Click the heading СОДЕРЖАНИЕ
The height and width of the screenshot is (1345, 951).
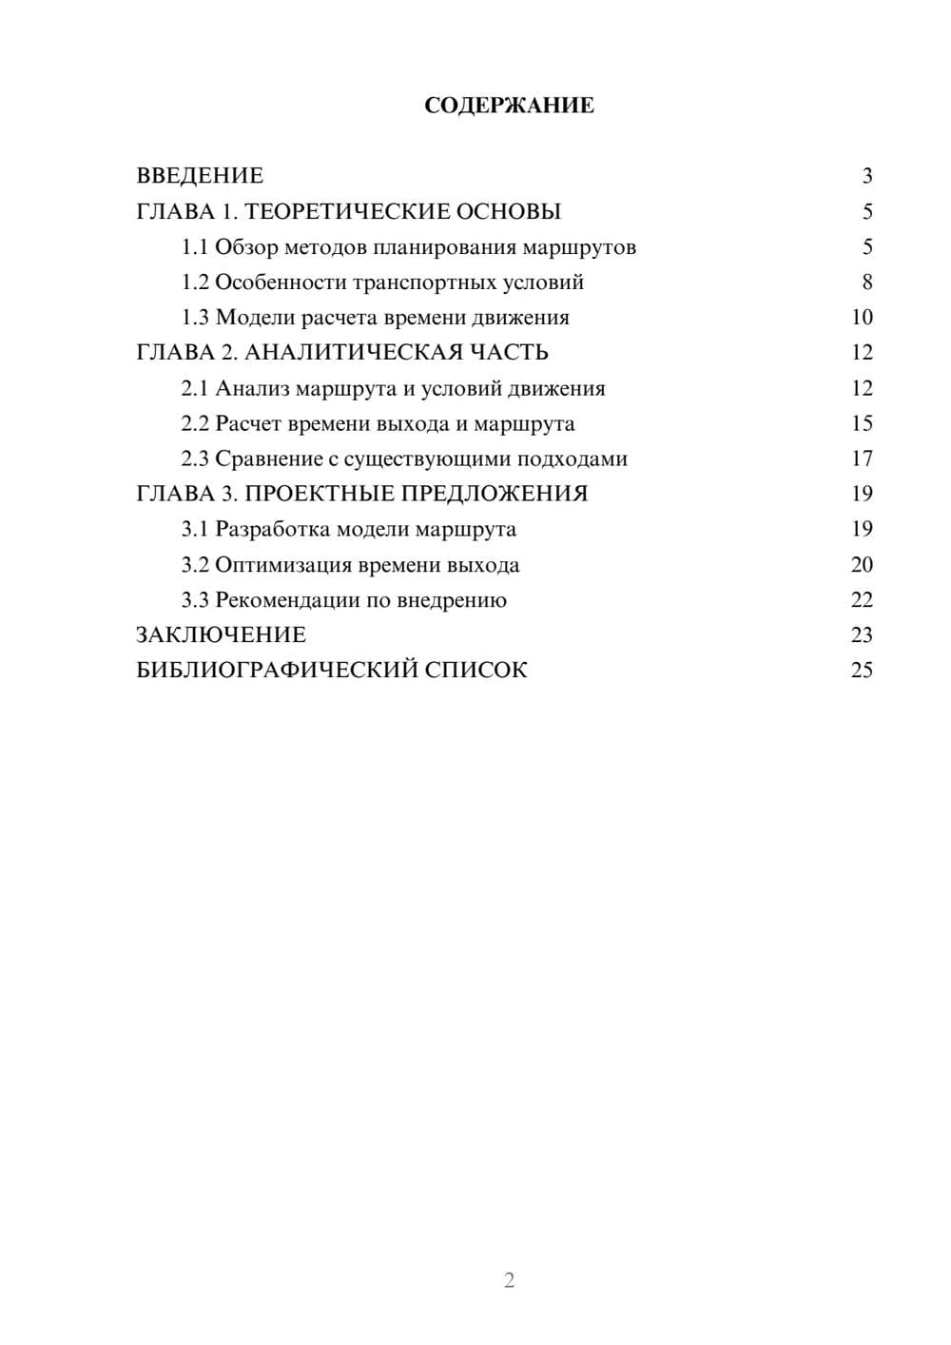(509, 106)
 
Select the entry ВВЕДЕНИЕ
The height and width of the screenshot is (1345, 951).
(200, 176)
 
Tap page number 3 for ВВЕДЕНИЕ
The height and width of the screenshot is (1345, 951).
(866, 176)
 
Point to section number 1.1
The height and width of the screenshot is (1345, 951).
(195, 247)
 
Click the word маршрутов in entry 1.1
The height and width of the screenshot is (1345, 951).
(581, 247)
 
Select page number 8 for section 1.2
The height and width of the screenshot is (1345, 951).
(866, 283)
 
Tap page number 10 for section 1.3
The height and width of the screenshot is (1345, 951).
(862, 318)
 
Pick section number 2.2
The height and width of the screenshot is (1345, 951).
(195, 423)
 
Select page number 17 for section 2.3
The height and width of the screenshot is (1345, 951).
(862, 459)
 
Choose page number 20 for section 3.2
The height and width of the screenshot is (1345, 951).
(862, 565)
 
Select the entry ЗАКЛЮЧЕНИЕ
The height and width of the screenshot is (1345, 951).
(221, 635)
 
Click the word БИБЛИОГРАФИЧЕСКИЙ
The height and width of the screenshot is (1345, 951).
(277, 671)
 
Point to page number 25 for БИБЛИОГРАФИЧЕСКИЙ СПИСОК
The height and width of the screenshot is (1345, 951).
(862, 671)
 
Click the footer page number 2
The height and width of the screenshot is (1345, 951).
(509, 1280)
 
